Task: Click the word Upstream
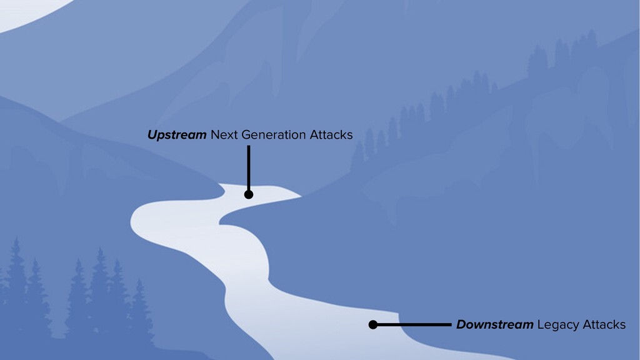tap(177, 136)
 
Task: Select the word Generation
tap(274, 135)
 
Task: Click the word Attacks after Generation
tap(332, 135)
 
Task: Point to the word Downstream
tap(494, 325)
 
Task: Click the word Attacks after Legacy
tap(604, 325)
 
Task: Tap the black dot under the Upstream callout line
tap(249, 194)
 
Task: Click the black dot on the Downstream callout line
tap(373, 325)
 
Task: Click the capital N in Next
tap(215, 135)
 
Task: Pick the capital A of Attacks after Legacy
tap(586, 325)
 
